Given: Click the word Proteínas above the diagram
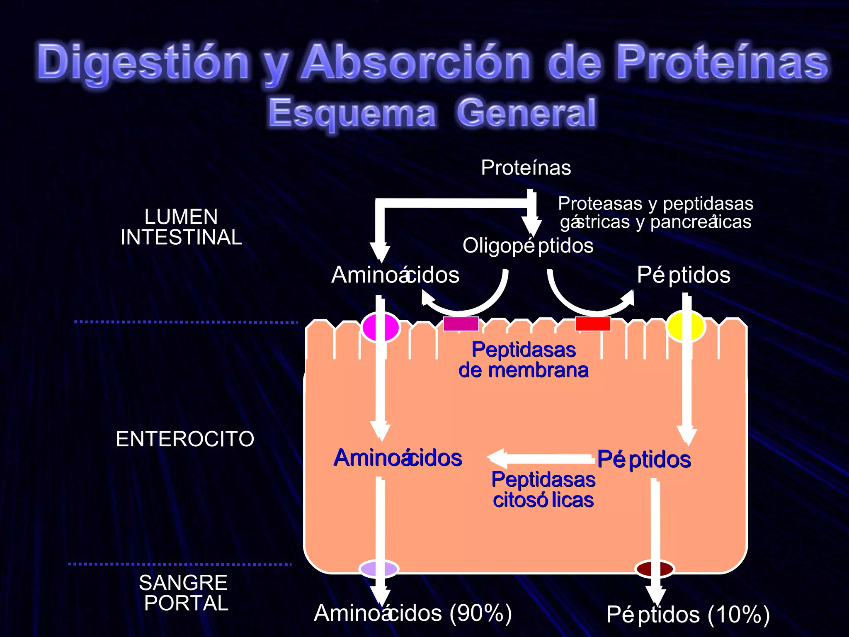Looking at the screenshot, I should [x=526, y=168].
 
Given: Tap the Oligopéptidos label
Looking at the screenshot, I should [x=528, y=246].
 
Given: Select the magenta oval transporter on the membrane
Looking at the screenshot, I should [x=380, y=327].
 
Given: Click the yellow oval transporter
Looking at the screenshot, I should [x=686, y=327].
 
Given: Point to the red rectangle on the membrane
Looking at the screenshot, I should [x=593, y=323].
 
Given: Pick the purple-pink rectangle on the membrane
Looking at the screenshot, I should [x=461, y=323].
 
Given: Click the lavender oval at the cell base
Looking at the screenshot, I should [x=378, y=569].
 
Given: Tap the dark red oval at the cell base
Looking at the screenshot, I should [x=655, y=569].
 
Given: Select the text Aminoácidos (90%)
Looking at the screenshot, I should [x=413, y=613].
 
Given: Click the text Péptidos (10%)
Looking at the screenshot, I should [x=688, y=615].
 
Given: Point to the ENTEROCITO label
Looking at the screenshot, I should [x=185, y=439].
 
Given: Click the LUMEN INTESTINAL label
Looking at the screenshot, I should [x=181, y=227].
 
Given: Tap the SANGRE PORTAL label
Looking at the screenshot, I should [x=184, y=593].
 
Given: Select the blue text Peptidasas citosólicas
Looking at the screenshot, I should [x=543, y=490].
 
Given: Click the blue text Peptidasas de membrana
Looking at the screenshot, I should [x=523, y=360].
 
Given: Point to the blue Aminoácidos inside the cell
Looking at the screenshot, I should [x=398, y=458].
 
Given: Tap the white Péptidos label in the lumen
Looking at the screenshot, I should [x=684, y=275].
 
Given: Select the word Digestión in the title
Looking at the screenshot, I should [x=143, y=62].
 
